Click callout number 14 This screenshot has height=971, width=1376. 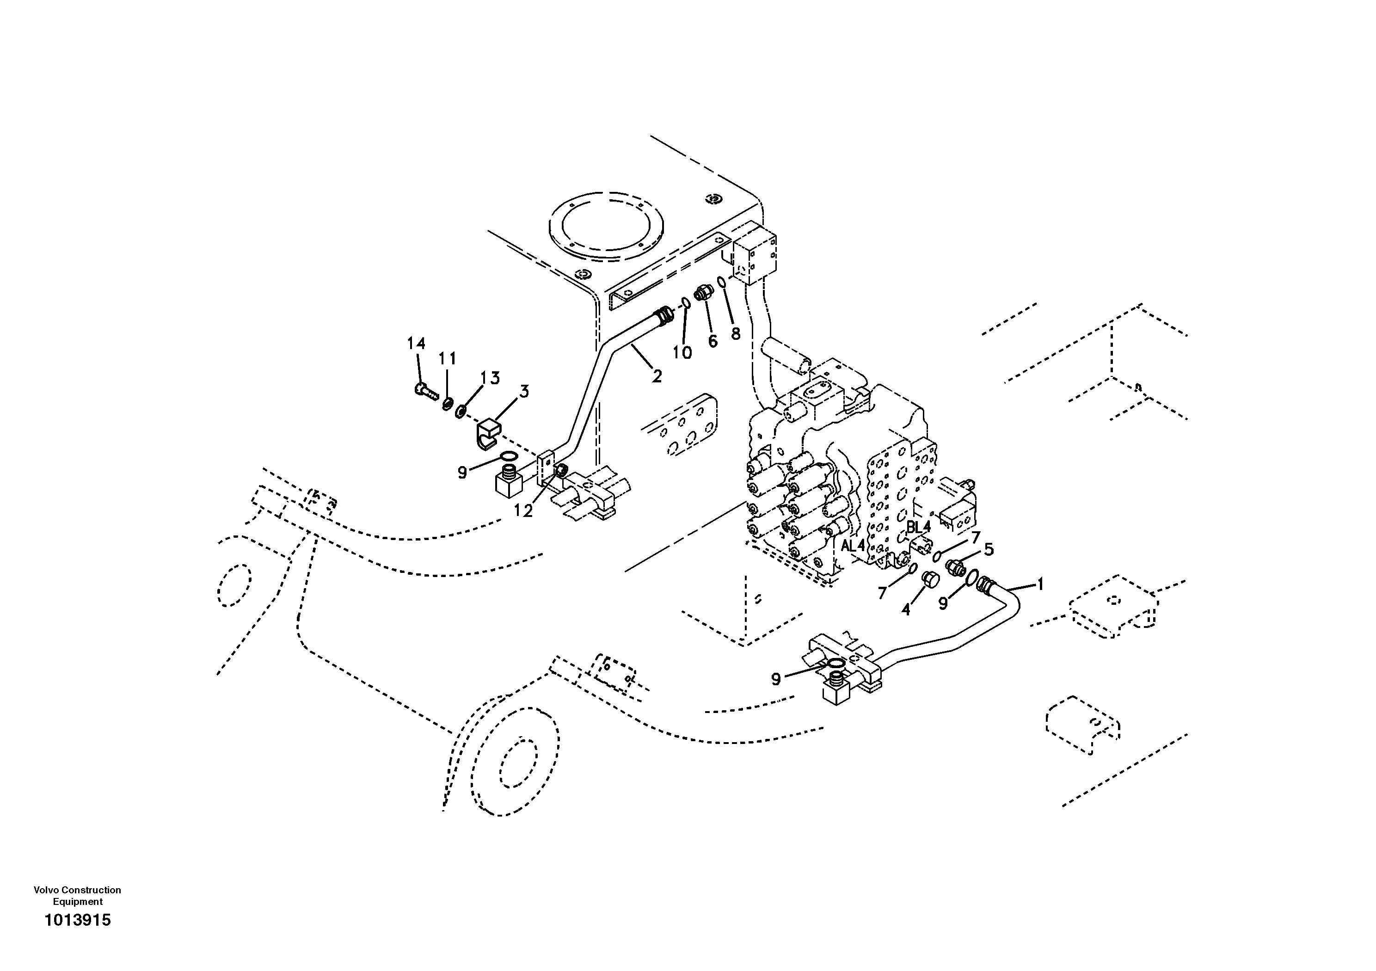[416, 344]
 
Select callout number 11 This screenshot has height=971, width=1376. [447, 358]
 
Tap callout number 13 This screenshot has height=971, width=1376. [490, 378]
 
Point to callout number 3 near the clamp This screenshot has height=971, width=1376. [524, 392]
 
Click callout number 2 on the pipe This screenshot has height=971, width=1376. [657, 376]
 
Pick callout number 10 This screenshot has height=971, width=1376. [682, 353]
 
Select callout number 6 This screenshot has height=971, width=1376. [713, 341]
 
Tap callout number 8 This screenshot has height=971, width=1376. [735, 334]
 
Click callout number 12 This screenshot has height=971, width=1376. [522, 510]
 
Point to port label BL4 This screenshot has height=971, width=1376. [918, 527]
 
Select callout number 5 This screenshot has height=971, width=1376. [988, 549]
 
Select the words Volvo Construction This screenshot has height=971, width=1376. [77, 890]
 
